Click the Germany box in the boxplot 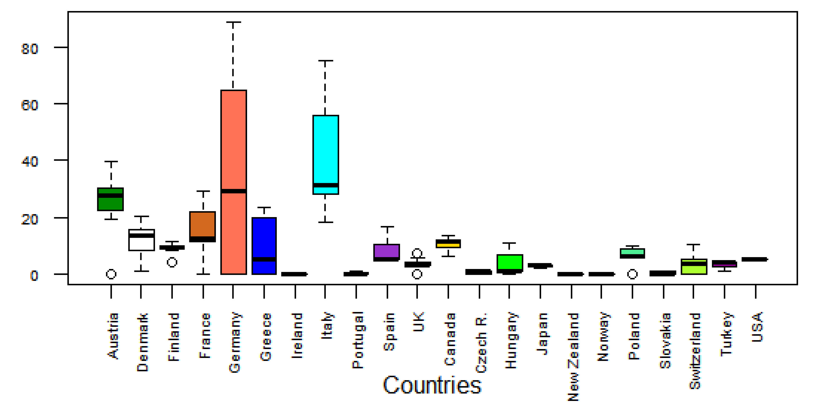233,142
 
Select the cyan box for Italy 326,149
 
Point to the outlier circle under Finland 172,262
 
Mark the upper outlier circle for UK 417,253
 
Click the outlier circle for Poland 632,274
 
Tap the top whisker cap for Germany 233,22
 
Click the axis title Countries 432,385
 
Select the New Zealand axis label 573,357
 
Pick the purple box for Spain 387,251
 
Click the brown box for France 202,224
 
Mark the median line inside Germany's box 233,191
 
